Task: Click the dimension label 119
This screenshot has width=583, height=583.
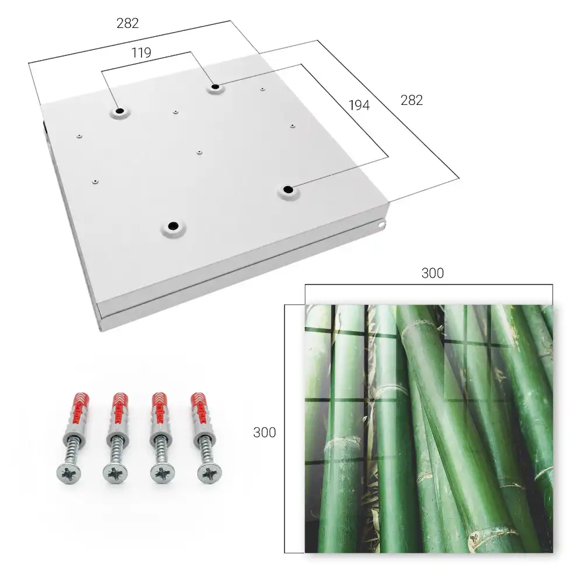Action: (141, 53)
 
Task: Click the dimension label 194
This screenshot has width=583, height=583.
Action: (359, 106)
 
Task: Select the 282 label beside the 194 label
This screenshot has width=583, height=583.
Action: (412, 100)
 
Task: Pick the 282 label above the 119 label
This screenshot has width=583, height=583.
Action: (128, 23)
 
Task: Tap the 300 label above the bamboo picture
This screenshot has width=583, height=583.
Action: (433, 273)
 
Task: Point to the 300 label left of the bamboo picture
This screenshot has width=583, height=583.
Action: (264, 433)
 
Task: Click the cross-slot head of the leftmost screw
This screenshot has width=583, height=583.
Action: (68, 474)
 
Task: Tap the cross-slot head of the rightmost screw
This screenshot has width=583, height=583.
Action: (209, 474)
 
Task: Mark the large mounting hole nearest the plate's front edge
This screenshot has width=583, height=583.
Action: (173, 226)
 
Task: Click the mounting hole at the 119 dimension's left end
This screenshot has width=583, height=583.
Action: (120, 111)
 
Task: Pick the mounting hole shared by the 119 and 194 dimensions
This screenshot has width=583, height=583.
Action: (215, 87)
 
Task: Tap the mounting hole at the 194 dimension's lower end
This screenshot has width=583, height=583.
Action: (288, 189)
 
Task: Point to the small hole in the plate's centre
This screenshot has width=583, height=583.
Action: (199, 152)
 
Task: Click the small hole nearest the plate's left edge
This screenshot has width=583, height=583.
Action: (79, 136)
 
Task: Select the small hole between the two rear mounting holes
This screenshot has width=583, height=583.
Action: (175, 111)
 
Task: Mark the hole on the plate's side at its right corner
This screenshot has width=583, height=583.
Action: (382, 224)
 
